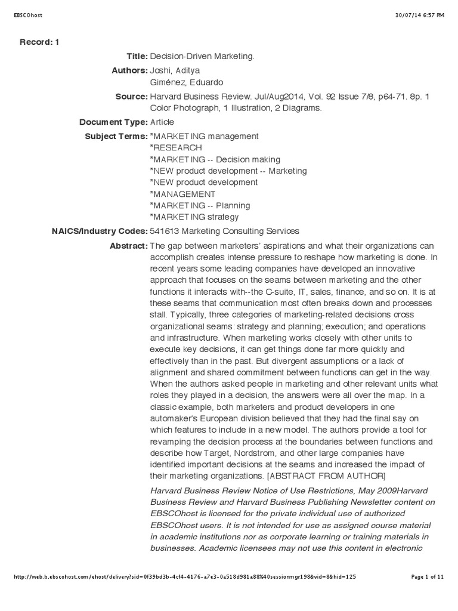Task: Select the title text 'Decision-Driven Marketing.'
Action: click(x=202, y=56)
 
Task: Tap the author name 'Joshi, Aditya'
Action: click(x=174, y=70)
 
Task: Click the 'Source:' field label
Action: click(x=131, y=96)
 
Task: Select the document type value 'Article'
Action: click(x=162, y=122)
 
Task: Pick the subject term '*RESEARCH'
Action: click(x=176, y=147)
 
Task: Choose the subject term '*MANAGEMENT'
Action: click(x=182, y=194)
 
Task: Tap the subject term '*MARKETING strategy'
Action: click(x=194, y=217)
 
